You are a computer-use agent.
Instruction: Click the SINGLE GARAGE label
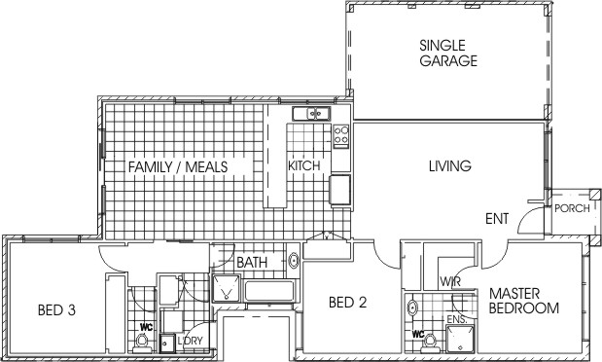coord(448,53)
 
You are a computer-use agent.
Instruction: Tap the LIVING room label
coord(450,166)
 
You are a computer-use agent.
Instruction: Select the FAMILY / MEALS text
coord(178,167)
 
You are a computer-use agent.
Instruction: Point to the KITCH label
coord(304,166)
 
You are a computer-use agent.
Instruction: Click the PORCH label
coord(572,208)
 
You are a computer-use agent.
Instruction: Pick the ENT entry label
coord(497,219)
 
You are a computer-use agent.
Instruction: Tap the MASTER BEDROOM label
coord(524,301)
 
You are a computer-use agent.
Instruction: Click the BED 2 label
coord(348,303)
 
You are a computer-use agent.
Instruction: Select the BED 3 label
coord(56,309)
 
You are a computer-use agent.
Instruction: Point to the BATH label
coord(252,263)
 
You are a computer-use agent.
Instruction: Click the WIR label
coord(450,282)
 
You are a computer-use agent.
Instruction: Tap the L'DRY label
coord(190,341)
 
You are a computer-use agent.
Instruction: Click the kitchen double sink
coord(311,114)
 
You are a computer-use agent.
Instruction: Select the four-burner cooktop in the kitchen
coord(341,135)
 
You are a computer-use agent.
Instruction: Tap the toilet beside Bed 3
coord(142,343)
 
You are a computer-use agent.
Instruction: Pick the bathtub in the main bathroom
coord(270,291)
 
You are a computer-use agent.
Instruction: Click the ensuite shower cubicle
coord(460,339)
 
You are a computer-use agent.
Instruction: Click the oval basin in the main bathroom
coord(294,261)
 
